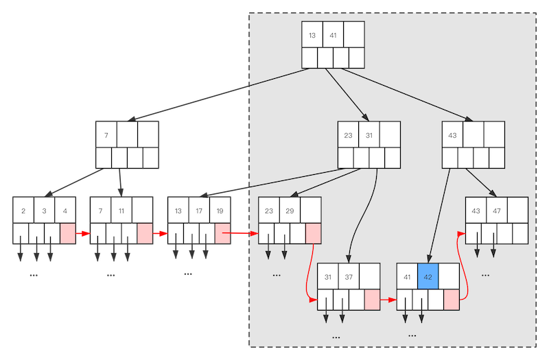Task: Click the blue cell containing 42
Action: click(428, 277)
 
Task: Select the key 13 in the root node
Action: click(312, 35)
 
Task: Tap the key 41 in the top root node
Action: click(333, 35)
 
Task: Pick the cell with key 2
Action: click(23, 211)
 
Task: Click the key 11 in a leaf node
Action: click(121, 211)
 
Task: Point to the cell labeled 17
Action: click(199, 211)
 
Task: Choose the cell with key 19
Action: click(220, 211)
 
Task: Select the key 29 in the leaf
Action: click(290, 211)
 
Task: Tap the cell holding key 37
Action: click(349, 277)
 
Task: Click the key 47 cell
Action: click(497, 211)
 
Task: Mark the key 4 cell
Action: click(65, 211)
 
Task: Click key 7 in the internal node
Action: click(106, 135)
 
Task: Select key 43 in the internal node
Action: click(452, 135)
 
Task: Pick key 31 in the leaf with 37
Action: click(328, 277)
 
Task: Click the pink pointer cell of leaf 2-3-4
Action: click(68, 233)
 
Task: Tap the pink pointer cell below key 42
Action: click(452, 300)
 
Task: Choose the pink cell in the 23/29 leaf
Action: click(313, 233)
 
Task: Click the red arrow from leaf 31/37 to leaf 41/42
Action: click(388, 300)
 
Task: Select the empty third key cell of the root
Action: click(354, 35)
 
